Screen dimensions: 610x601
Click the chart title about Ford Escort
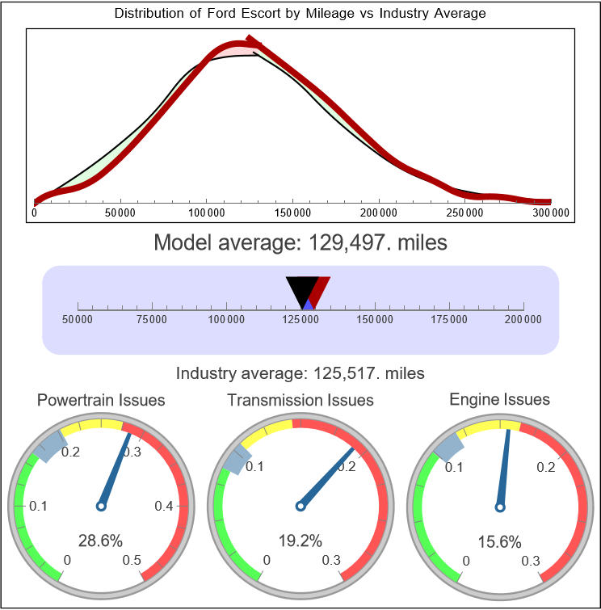300,14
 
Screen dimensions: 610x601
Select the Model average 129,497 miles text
300,242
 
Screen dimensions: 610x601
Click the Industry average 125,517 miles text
300,373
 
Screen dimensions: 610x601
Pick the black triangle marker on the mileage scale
301,289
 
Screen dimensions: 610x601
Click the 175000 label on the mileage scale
449,320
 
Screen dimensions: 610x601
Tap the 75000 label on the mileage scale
152,320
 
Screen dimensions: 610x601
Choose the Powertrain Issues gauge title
101,400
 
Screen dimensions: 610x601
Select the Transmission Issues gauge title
300,400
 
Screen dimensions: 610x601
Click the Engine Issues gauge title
499,399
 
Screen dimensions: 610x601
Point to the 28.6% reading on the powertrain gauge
101,541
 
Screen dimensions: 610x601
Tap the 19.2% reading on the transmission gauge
300,541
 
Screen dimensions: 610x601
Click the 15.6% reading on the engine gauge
499,541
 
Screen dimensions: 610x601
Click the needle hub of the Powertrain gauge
101,506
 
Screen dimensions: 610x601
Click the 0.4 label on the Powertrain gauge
164,506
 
